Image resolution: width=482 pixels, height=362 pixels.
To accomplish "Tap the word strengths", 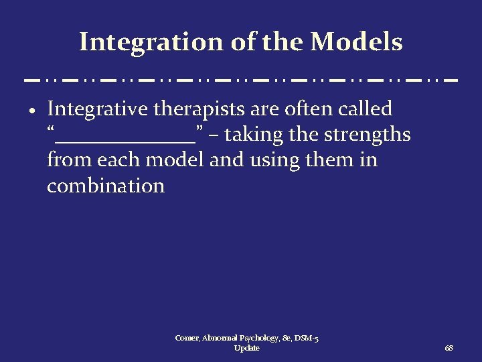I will (x=367, y=135).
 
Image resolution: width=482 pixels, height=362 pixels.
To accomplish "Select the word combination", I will (x=106, y=186).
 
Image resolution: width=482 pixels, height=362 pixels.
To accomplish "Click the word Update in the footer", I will (x=247, y=349).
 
